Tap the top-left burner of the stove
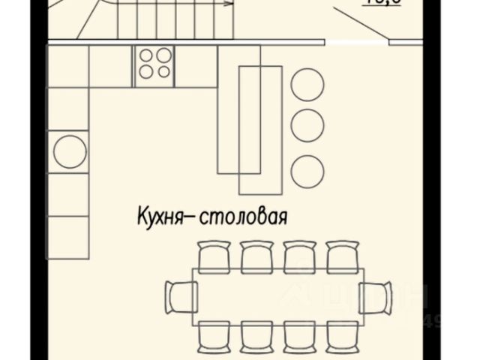tap(145, 55)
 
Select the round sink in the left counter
tap(70, 151)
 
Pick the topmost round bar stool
tap(307, 84)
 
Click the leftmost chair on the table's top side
tap(214, 254)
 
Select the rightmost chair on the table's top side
tap(342, 254)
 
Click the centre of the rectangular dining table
tap(278, 295)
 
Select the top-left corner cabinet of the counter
tap(67, 66)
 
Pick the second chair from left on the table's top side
tap(256, 254)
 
